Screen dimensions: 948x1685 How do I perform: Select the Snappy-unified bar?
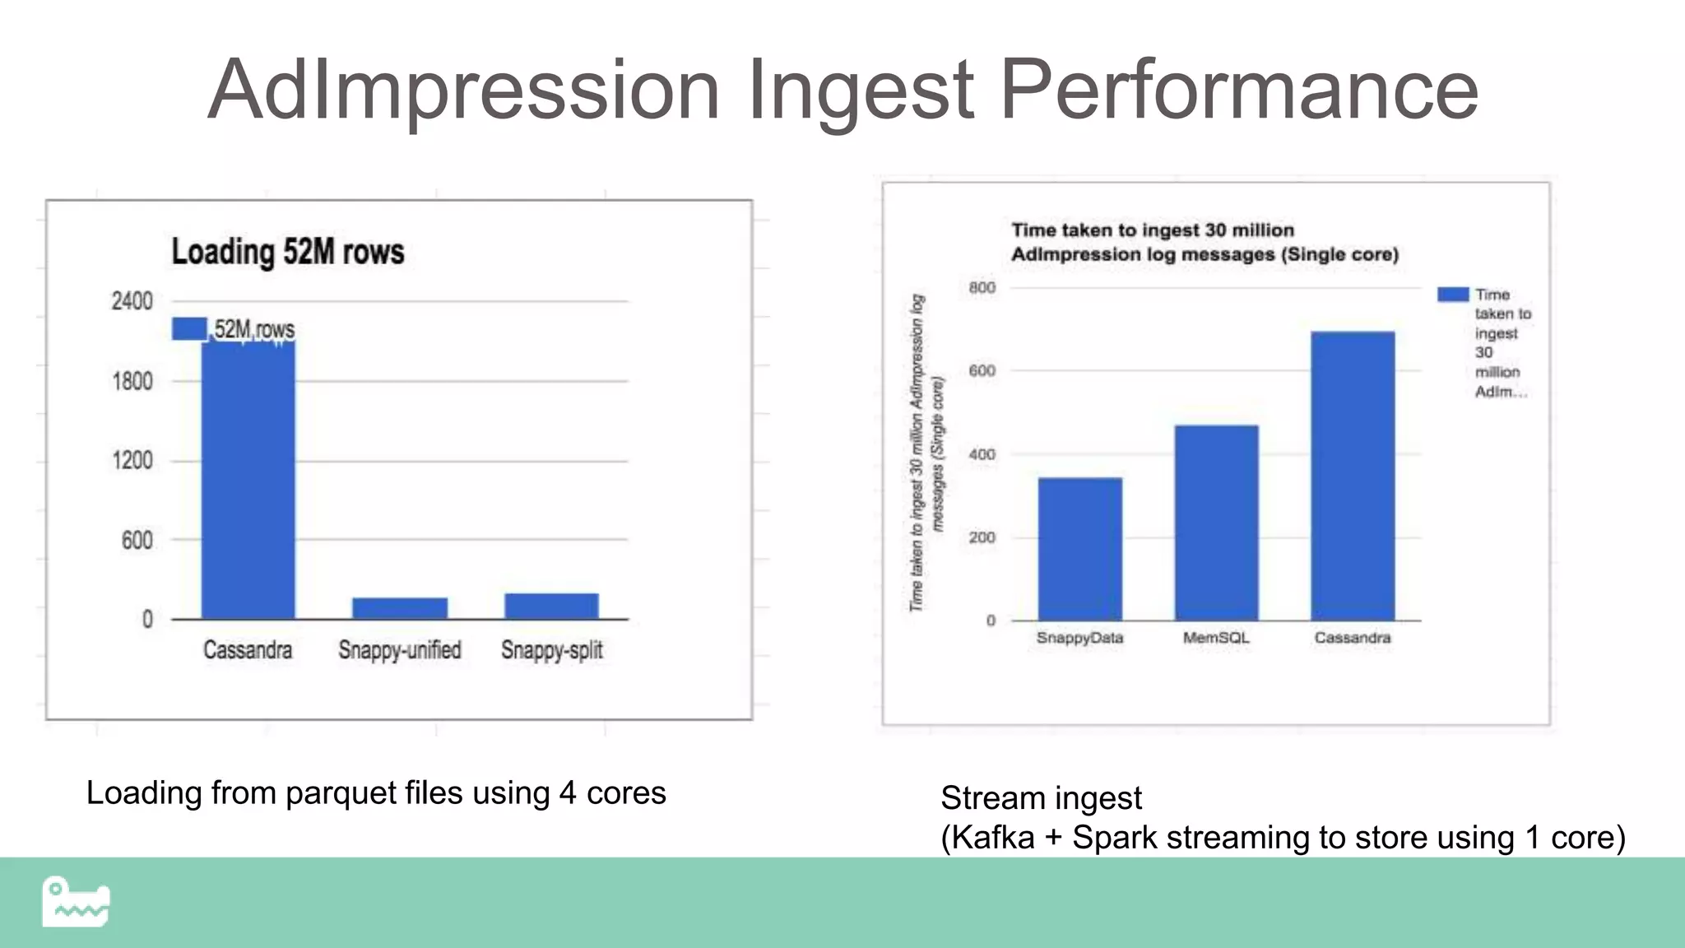[400, 608]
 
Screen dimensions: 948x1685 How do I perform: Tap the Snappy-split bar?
[551, 606]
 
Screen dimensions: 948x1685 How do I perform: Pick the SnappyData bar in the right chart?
[1079, 549]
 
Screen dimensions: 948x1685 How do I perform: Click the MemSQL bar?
[1216, 523]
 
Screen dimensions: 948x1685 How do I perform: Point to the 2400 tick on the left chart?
[132, 301]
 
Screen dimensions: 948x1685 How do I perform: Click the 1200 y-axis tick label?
[132, 460]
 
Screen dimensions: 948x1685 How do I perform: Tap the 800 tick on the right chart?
[982, 287]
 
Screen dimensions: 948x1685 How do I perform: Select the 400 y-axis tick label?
[982, 454]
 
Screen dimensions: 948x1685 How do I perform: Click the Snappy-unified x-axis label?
[400, 650]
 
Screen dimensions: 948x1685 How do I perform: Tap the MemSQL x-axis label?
[1216, 638]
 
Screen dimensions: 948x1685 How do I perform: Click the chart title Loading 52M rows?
[288, 252]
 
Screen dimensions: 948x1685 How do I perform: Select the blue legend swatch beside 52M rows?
[189, 328]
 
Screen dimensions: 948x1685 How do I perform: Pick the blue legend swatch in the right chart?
[1453, 295]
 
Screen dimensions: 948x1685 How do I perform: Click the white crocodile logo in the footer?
[76, 902]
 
